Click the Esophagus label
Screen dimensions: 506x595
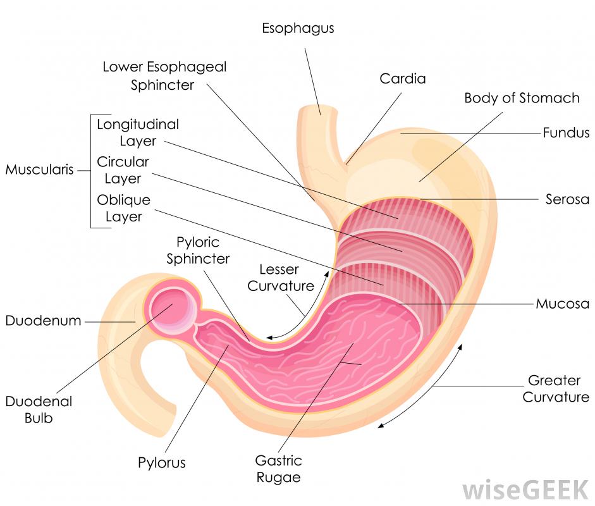298,28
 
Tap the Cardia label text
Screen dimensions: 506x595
403,79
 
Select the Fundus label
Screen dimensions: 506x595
566,133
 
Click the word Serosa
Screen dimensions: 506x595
567,199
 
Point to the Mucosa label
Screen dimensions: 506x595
562,303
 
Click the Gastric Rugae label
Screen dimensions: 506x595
279,469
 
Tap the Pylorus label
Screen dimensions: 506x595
162,462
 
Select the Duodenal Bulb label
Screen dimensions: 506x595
39,410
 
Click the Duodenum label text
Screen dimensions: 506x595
44,321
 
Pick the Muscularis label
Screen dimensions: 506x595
40,170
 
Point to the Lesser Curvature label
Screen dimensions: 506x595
280,278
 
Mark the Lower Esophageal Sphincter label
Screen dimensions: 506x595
164,75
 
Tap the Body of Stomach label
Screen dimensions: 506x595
522,98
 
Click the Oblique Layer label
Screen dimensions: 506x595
123,209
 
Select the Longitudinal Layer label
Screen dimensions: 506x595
137,132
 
